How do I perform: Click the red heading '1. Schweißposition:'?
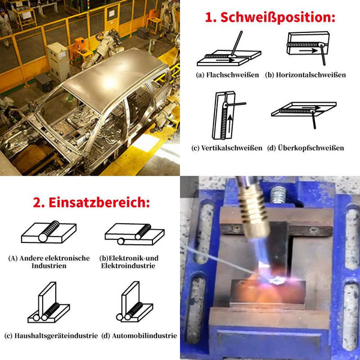(270, 17)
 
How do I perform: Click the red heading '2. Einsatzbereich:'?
(91, 203)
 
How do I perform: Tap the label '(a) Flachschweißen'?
(227, 75)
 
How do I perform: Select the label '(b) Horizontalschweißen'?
(305, 75)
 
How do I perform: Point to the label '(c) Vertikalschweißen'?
(227, 148)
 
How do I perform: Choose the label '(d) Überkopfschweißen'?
(305, 148)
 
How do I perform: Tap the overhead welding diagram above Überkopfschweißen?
(304, 115)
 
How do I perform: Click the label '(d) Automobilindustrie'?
(139, 336)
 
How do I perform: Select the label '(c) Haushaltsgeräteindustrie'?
(51, 336)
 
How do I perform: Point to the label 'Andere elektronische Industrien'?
(49, 262)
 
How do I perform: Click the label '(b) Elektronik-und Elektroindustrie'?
(129, 262)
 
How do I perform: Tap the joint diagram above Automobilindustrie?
(134, 302)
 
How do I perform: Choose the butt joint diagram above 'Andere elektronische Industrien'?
(49, 232)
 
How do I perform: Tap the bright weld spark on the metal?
(277, 281)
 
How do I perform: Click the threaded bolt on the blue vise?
(278, 195)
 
